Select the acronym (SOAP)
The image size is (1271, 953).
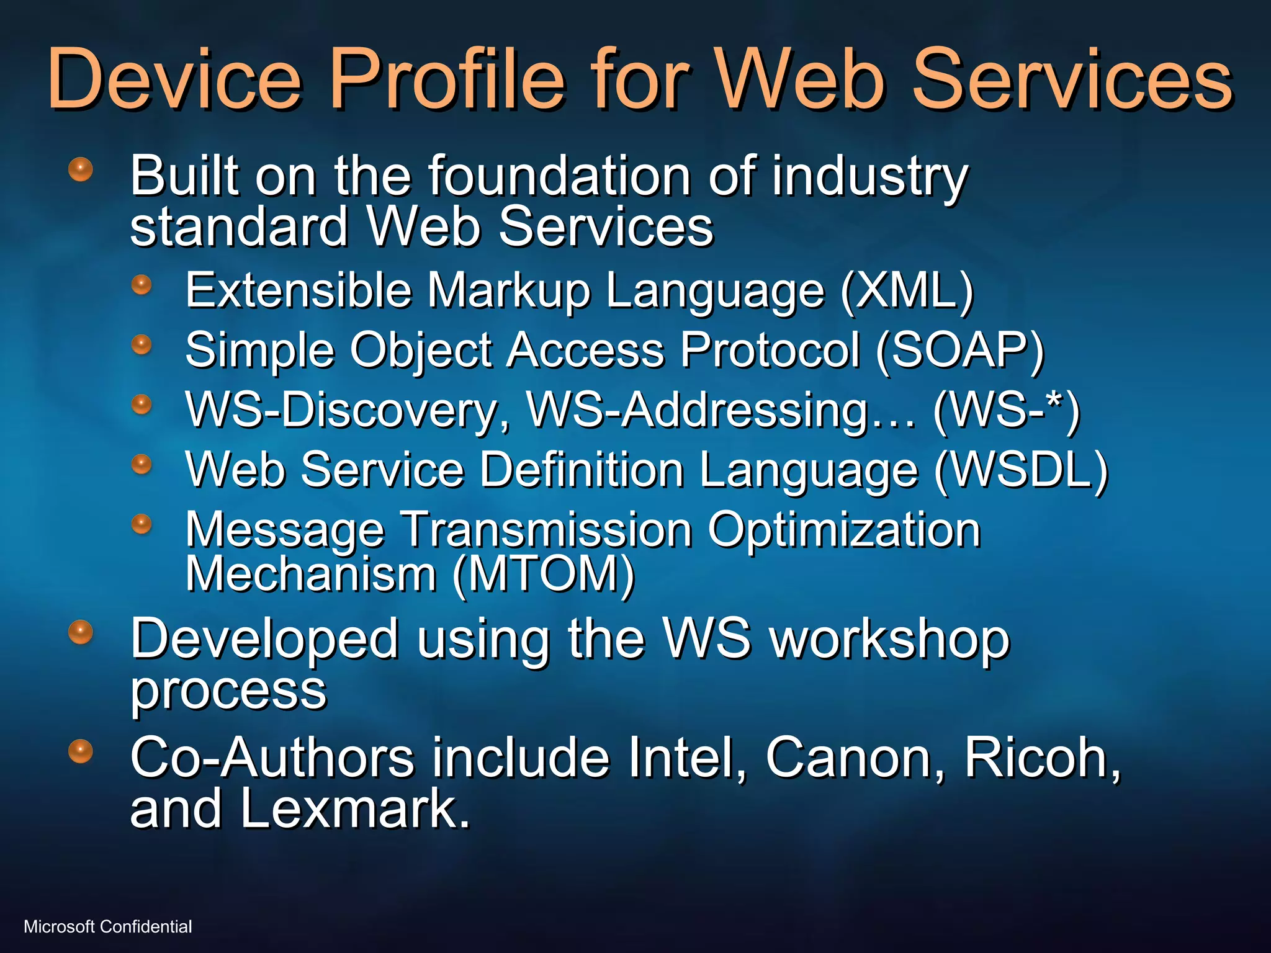(960, 351)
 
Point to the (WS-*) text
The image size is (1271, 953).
(1006, 410)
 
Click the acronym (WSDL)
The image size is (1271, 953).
(1021, 470)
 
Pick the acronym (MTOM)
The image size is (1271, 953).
(544, 574)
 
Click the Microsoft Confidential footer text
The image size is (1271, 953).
(108, 926)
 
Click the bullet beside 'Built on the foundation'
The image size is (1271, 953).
(81, 169)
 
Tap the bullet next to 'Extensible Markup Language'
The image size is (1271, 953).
(142, 285)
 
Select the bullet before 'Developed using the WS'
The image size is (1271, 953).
(81, 632)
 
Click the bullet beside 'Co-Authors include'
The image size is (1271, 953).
(81, 751)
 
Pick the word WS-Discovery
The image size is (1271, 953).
(348, 410)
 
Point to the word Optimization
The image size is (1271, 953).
(844, 530)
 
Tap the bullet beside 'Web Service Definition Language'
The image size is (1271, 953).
(142, 463)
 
